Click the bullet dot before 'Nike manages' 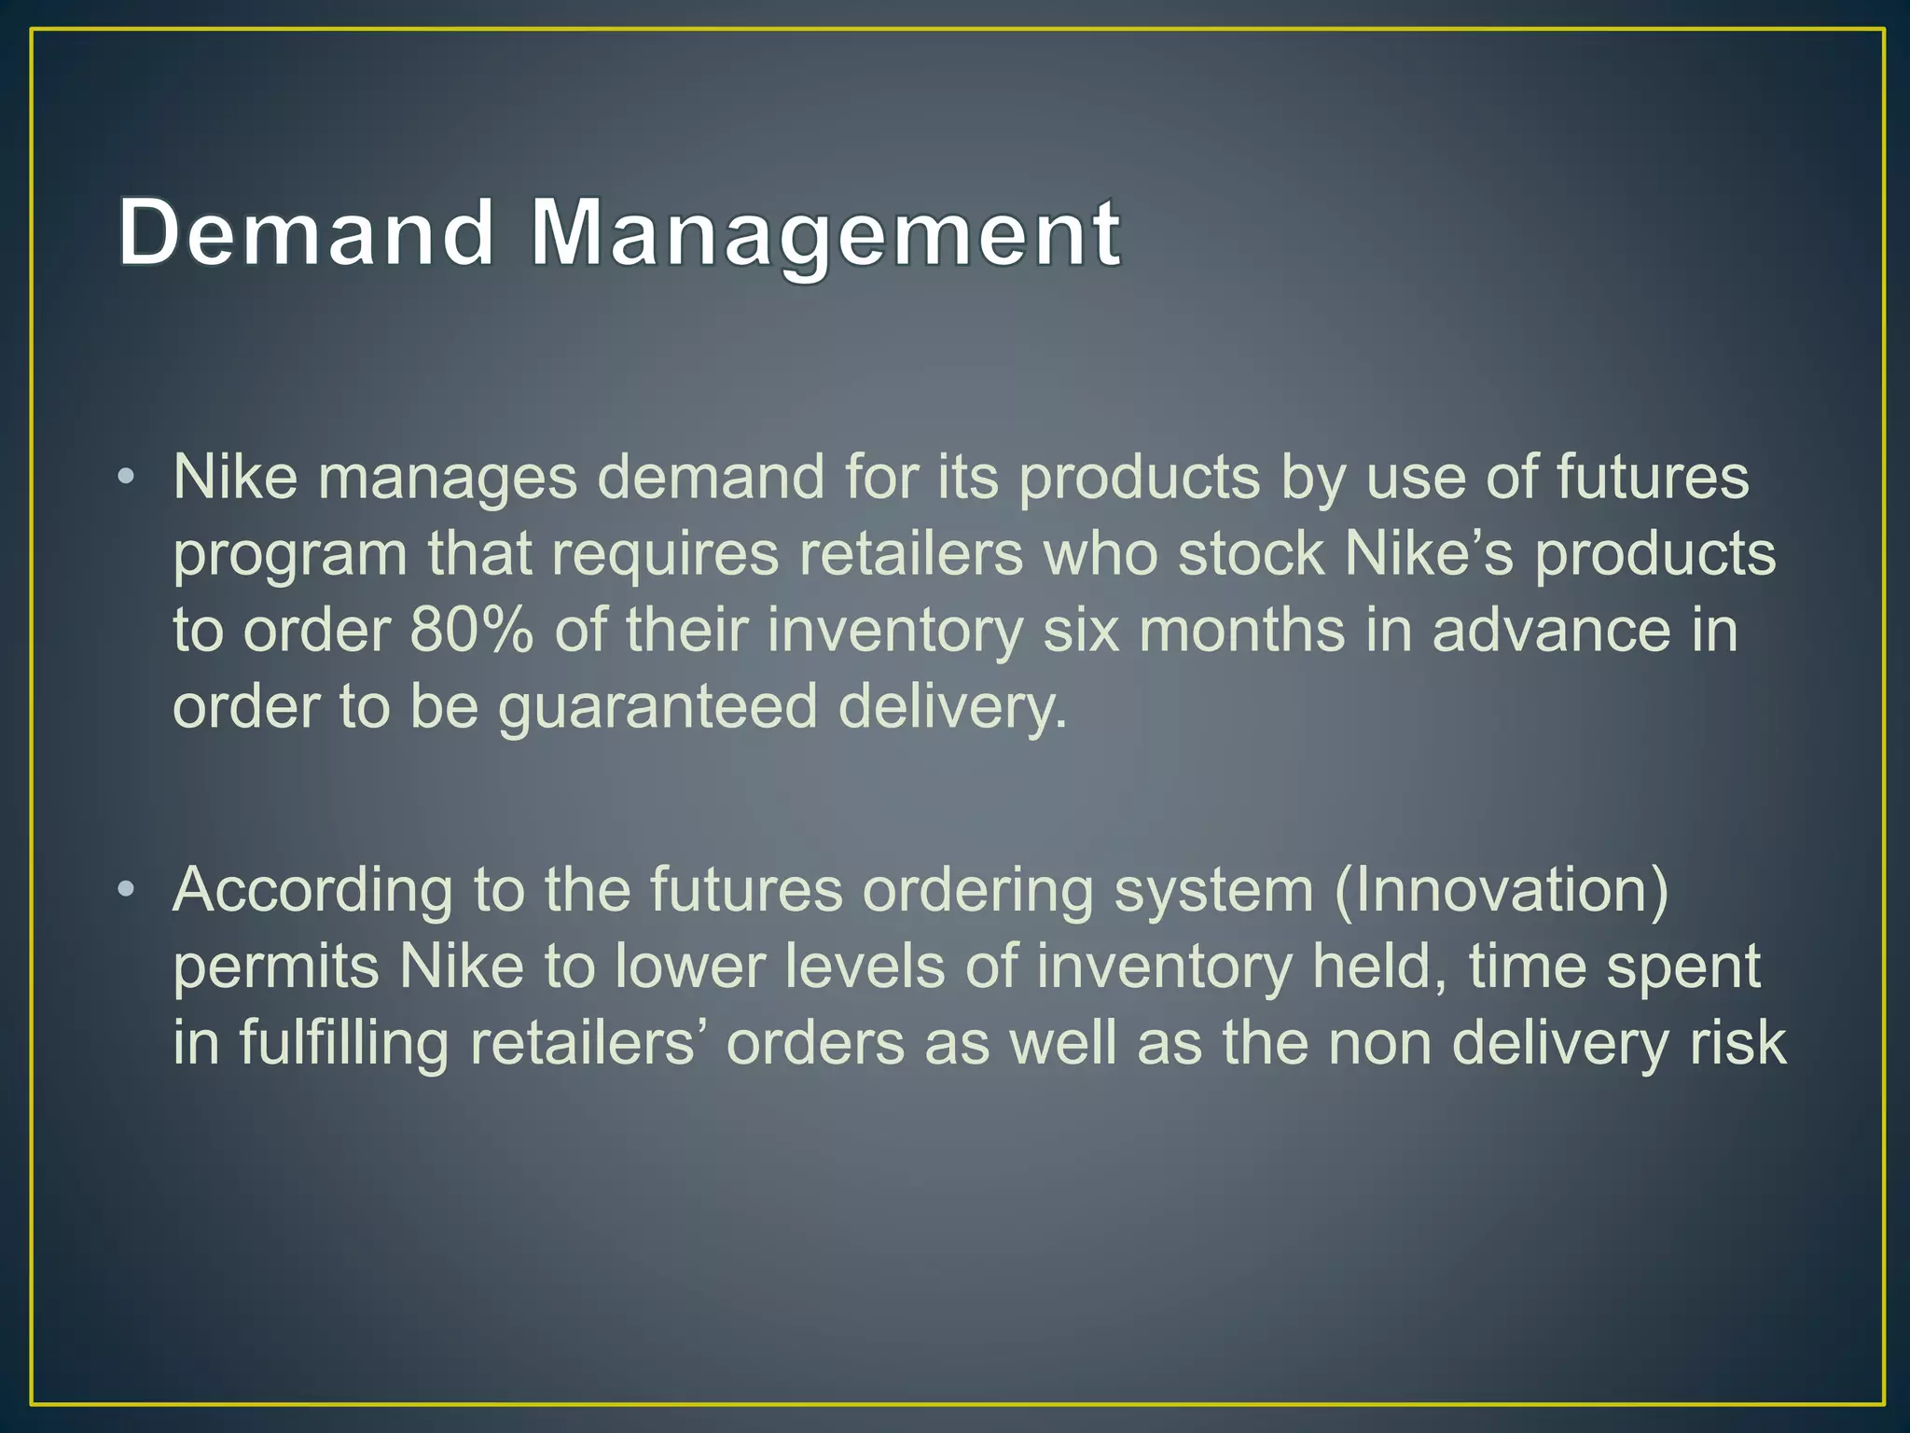coord(127,479)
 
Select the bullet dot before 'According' coord(127,891)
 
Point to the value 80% coord(471,630)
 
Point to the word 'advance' coord(1551,630)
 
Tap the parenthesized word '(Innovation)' coord(1502,890)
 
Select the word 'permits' coord(276,967)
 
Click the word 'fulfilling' coord(344,1044)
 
